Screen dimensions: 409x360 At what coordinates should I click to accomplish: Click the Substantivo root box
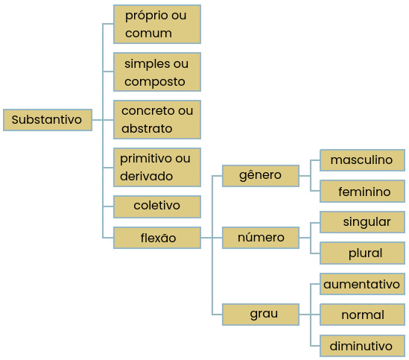48,120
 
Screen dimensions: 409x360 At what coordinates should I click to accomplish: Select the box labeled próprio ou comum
157,24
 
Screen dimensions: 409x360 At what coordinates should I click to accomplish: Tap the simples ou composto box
157,72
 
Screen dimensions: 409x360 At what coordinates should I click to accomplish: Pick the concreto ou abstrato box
157,119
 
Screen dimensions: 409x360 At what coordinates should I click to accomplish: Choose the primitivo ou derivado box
157,168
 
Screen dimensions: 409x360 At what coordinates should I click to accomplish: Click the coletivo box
157,206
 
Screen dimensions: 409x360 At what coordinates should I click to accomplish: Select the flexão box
157,238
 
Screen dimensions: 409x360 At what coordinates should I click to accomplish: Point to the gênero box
261,176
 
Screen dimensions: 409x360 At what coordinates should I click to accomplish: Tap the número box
261,238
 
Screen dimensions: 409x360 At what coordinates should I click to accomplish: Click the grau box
261,315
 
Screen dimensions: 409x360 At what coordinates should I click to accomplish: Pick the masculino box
362,160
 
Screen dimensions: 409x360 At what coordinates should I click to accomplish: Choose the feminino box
362,191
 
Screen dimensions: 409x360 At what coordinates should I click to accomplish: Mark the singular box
362,222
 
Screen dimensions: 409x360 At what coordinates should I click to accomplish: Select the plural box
362,253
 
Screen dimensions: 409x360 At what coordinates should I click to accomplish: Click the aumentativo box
362,284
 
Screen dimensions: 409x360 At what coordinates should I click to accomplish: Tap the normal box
362,315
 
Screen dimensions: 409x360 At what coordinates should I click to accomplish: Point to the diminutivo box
362,346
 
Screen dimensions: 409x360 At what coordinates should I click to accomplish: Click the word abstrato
147,128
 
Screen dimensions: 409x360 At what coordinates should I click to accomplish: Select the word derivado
146,176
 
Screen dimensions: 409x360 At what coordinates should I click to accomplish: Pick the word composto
155,82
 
